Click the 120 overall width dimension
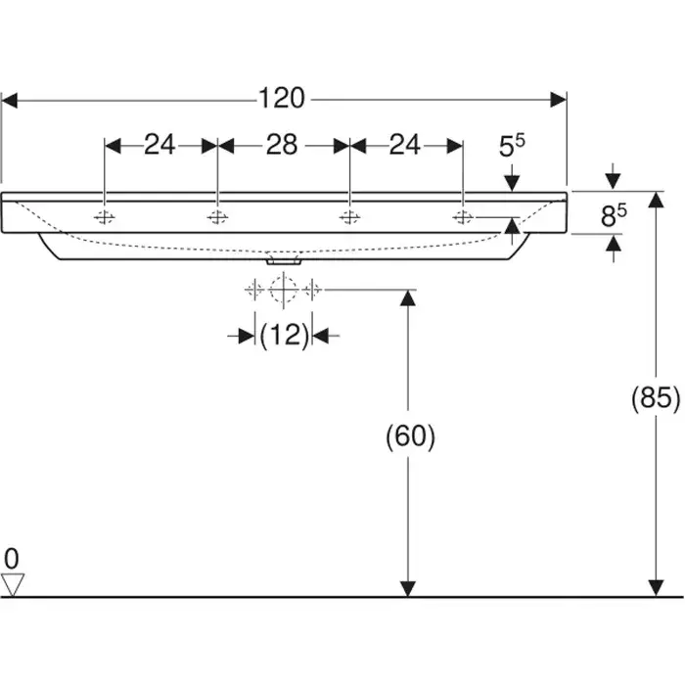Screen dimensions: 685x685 point(282,98)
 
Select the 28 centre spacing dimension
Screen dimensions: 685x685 point(282,145)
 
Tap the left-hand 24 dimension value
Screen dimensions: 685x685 point(160,145)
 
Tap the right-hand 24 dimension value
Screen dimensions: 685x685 point(404,145)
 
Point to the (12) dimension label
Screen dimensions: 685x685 point(284,336)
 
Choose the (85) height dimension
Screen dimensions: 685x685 point(655,398)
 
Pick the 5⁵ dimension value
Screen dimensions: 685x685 point(512,147)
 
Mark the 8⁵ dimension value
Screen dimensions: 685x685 point(613,216)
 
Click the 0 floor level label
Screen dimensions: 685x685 point(12,559)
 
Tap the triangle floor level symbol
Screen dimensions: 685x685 point(12,584)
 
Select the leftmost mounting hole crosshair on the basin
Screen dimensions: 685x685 point(105,216)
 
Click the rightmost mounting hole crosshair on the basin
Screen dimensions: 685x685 point(462,216)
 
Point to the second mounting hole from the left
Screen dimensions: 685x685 point(217,216)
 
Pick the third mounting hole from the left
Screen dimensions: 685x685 point(348,216)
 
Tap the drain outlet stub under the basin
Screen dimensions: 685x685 point(283,261)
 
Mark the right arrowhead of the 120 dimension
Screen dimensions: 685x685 point(560,98)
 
